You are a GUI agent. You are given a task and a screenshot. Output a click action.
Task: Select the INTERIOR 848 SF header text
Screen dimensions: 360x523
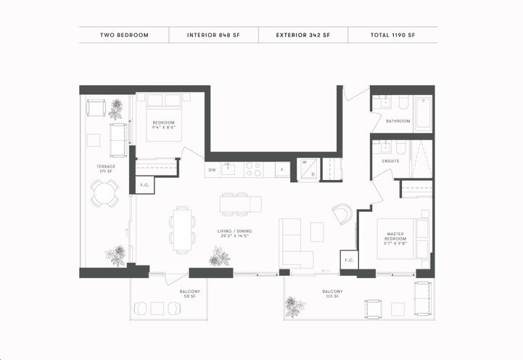coord(213,35)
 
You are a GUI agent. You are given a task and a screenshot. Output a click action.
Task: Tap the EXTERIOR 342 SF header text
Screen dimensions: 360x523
coord(303,35)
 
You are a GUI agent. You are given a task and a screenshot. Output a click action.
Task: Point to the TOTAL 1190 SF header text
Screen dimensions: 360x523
coord(392,35)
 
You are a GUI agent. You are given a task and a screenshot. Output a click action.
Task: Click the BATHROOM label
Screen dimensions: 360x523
coord(398,121)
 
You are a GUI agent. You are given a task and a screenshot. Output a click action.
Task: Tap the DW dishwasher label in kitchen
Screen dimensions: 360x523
coord(213,171)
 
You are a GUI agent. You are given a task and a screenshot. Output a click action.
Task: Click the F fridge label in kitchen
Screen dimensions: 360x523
coord(278,171)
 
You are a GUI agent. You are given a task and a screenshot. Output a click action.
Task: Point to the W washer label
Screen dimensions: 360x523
coord(305,163)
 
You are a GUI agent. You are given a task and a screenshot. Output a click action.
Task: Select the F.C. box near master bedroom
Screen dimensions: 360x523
coord(348,260)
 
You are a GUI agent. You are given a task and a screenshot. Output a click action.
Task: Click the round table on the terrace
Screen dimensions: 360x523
coord(104,194)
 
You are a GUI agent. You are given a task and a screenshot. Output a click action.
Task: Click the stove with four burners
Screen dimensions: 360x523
coord(253,169)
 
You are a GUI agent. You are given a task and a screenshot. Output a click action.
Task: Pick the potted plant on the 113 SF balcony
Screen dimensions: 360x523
coord(294,306)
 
